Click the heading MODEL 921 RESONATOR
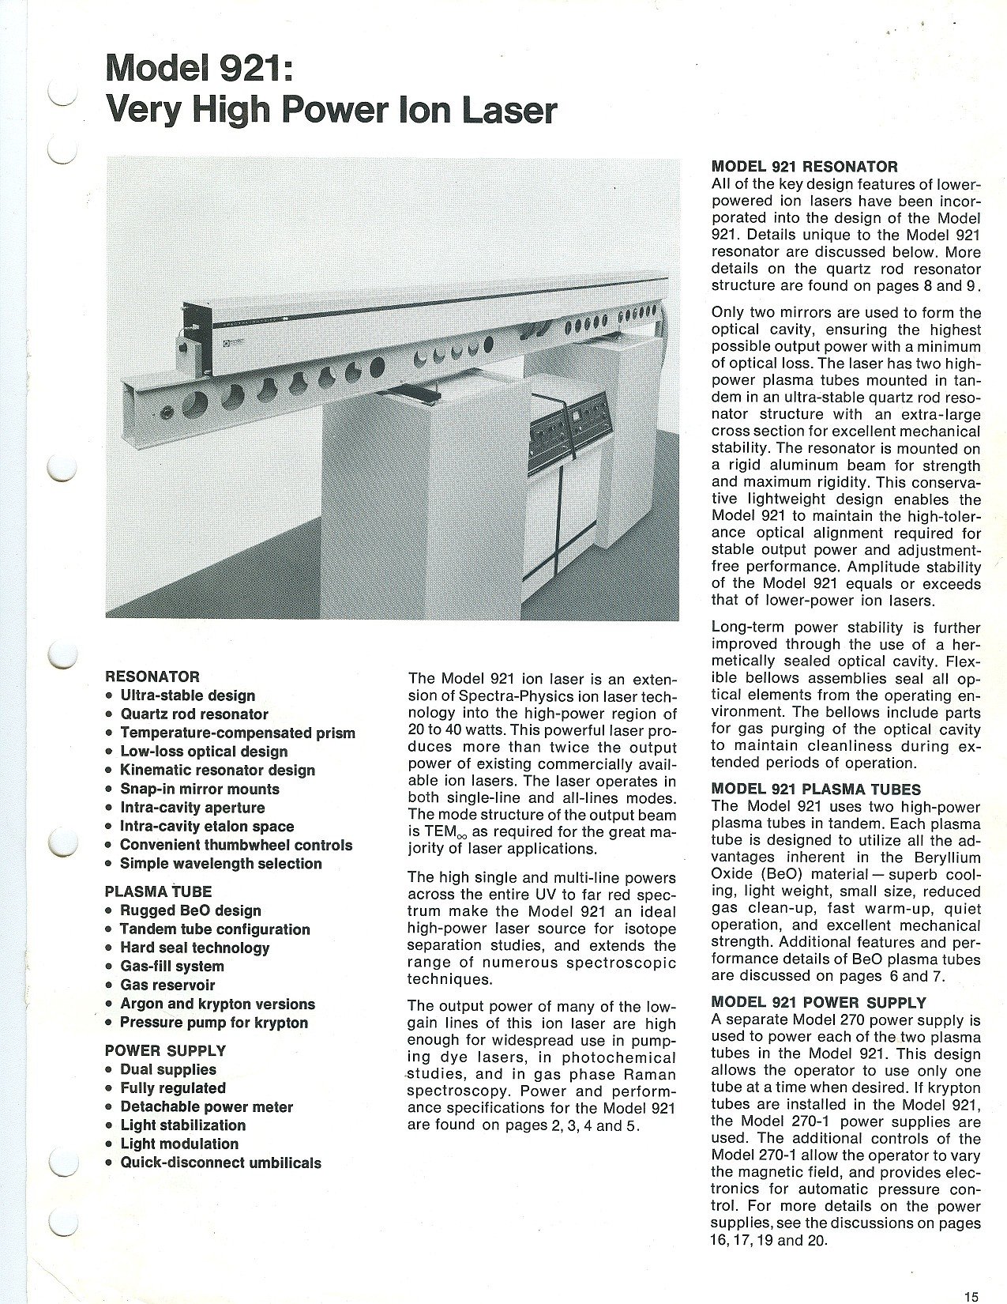point(804,167)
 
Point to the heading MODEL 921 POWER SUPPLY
point(818,1003)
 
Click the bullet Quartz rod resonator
point(194,714)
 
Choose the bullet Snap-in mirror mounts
point(199,789)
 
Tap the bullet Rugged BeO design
point(190,910)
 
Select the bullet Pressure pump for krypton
point(213,1023)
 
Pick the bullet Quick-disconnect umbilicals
point(220,1163)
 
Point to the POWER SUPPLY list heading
point(165,1050)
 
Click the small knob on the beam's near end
point(167,411)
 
